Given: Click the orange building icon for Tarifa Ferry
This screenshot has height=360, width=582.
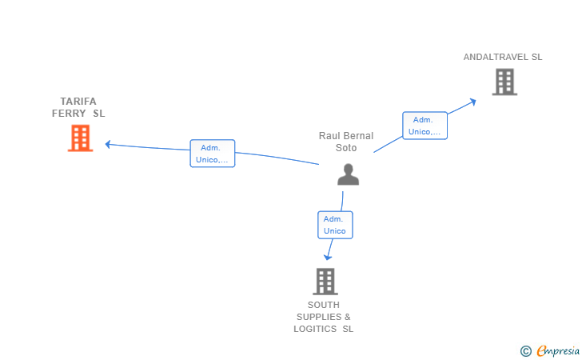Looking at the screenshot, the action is (x=80, y=138).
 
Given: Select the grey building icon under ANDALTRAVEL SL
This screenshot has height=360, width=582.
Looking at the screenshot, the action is (x=504, y=82).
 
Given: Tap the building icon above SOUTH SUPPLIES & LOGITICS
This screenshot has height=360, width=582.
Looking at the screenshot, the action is (x=325, y=282).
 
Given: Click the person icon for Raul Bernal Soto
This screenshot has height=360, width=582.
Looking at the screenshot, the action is (x=349, y=174).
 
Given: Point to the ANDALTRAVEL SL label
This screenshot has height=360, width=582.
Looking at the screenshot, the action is (x=503, y=57).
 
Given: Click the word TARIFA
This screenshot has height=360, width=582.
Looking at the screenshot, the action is (x=78, y=101).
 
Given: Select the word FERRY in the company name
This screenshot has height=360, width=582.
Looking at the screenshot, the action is (x=69, y=114).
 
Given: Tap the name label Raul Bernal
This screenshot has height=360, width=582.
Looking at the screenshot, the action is (x=346, y=136).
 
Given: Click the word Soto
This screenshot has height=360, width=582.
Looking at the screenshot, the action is (x=346, y=148).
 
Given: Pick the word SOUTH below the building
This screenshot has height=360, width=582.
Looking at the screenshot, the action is (x=323, y=305).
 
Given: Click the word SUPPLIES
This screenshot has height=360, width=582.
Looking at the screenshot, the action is (x=319, y=317).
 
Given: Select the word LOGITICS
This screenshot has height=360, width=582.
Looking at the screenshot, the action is (x=315, y=329).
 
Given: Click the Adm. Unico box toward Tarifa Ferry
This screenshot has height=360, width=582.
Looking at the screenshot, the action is (x=213, y=154).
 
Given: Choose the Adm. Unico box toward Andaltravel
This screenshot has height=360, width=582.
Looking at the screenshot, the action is (x=425, y=126).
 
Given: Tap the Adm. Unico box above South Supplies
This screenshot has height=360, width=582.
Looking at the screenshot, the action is (x=335, y=225).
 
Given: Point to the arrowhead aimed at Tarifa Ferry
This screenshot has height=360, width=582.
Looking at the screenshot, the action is (x=108, y=144).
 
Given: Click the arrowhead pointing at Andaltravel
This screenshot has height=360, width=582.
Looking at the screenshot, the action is (x=473, y=102).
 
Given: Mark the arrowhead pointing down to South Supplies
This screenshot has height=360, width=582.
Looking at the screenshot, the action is (x=328, y=258).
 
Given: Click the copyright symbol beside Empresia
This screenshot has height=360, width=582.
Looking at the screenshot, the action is (x=525, y=351).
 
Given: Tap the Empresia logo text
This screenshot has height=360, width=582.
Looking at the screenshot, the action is (x=558, y=351).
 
